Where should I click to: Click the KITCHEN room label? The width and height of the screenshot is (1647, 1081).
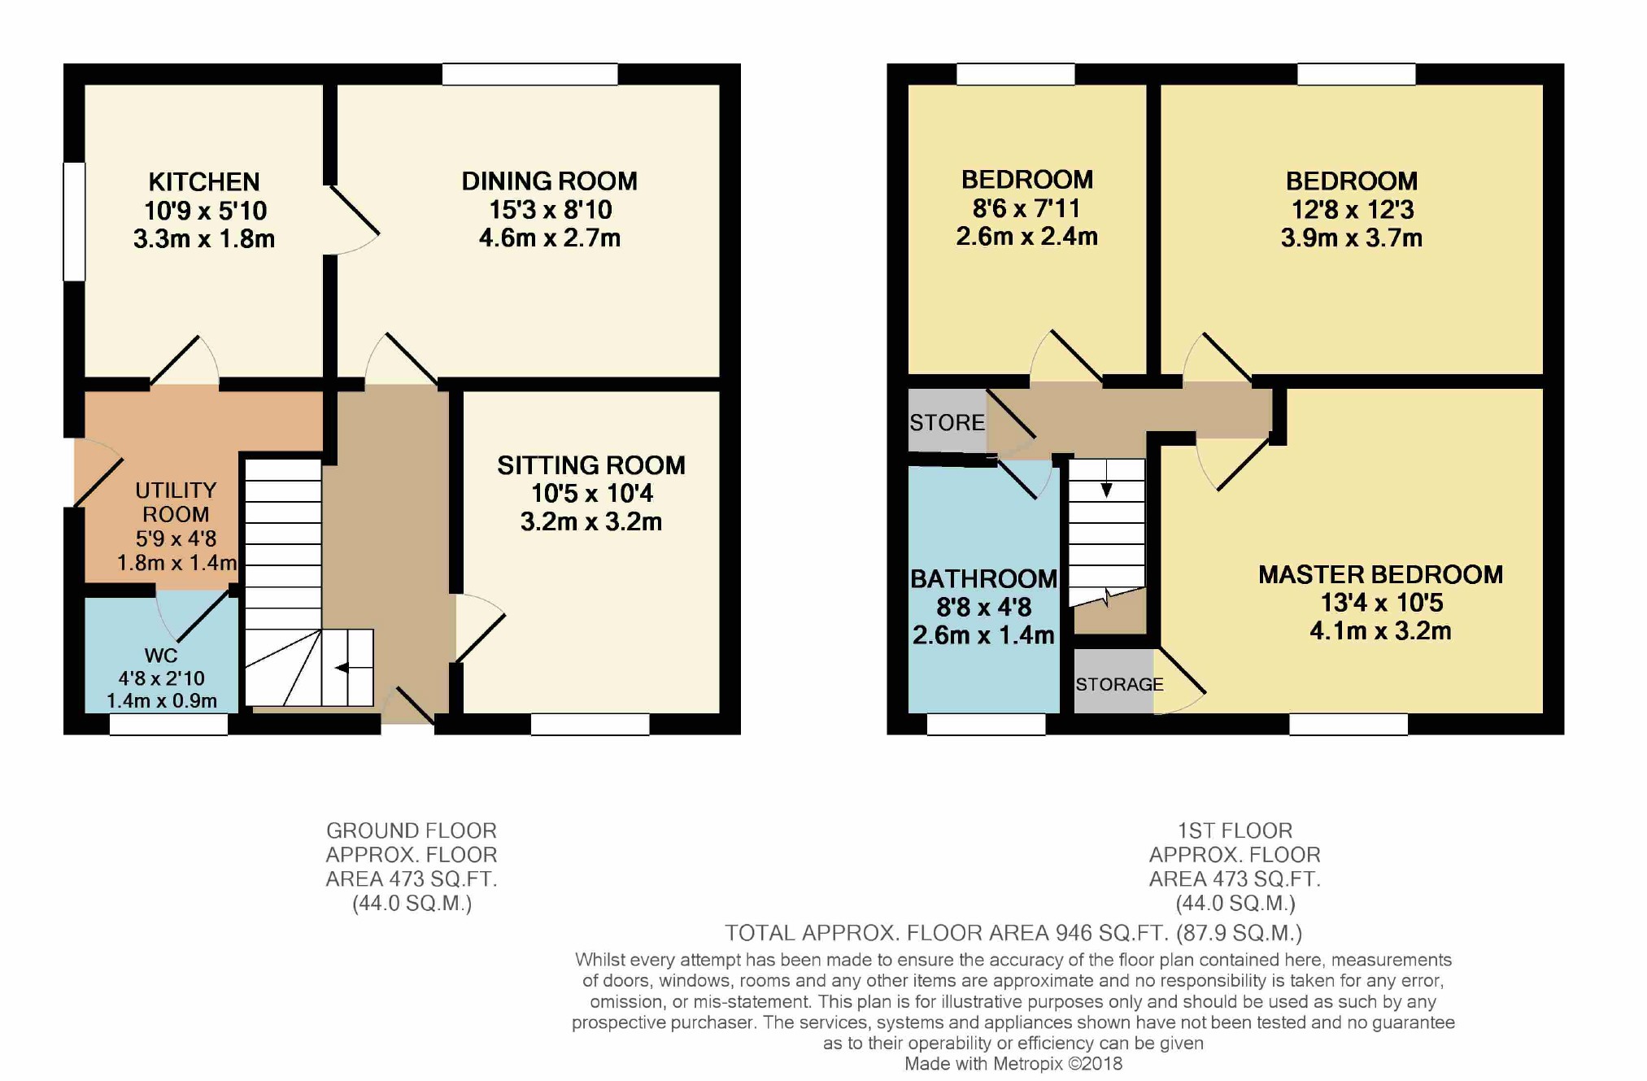[x=204, y=181]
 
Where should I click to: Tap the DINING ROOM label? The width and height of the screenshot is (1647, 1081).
[x=550, y=181]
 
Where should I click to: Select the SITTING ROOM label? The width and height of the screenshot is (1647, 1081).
[x=591, y=465]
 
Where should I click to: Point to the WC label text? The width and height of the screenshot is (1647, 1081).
[x=161, y=656]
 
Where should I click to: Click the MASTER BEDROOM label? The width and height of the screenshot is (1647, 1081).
[x=1380, y=575]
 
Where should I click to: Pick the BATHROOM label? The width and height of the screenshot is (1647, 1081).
[x=983, y=579]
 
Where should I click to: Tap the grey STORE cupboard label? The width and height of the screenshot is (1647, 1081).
[x=947, y=423]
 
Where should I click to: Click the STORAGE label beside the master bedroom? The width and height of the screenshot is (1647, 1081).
[x=1119, y=685]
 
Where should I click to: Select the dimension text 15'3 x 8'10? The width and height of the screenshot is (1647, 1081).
[x=550, y=210]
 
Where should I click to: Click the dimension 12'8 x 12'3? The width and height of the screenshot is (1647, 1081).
[x=1353, y=210]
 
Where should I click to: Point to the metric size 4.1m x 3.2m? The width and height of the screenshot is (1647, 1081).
[x=1380, y=631]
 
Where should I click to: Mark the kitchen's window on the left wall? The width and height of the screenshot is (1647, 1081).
[x=75, y=222]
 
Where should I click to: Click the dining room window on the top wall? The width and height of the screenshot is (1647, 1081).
[x=530, y=74]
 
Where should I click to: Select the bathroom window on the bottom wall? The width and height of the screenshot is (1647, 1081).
[x=986, y=724]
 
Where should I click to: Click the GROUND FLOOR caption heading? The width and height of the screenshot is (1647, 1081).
[x=412, y=830]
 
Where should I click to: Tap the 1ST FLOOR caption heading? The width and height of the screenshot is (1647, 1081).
[x=1235, y=830]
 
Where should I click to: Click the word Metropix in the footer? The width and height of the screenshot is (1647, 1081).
[x=1029, y=1064]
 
